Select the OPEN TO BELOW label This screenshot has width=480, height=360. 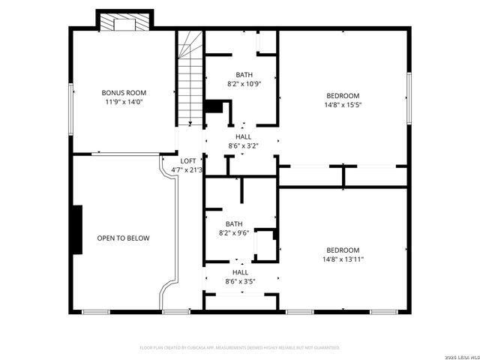(x=123, y=238)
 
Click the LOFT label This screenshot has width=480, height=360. (x=188, y=161)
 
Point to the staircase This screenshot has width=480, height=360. (x=190, y=79)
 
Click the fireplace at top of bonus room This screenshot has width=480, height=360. (x=124, y=23)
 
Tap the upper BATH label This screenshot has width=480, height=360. (x=244, y=74)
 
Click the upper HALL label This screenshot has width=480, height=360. (x=243, y=137)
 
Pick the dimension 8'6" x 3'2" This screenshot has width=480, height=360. (x=243, y=145)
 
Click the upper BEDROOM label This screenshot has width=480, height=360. (x=343, y=96)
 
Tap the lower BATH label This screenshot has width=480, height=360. (x=234, y=223)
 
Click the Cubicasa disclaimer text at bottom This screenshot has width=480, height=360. (x=240, y=348)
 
